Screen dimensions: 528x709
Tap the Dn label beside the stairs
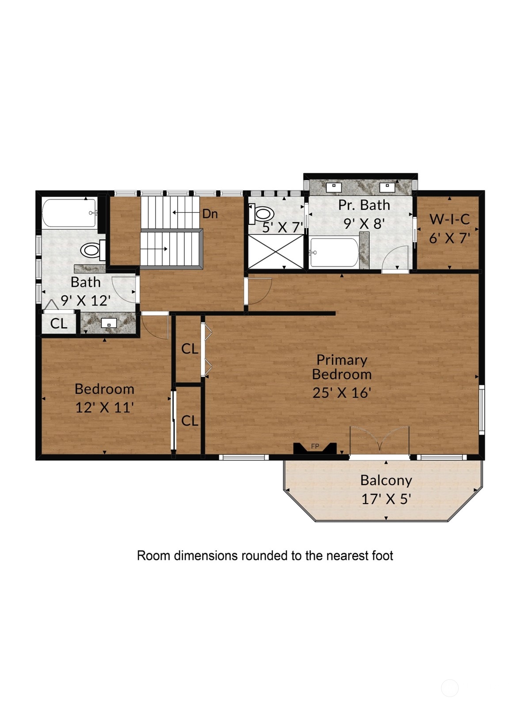click(x=210, y=214)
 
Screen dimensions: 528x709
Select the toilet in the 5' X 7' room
click(x=261, y=214)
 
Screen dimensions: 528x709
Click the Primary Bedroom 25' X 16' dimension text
click(x=342, y=393)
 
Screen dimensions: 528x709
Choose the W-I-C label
click(x=449, y=219)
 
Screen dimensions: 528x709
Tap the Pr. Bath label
click(x=364, y=205)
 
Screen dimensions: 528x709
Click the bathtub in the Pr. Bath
click(x=334, y=252)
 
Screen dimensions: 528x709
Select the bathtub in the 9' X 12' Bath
click(x=69, y=213)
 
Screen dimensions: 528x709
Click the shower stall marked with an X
click(x=276, y=251)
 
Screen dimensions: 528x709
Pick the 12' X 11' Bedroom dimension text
click(x=104, y=408)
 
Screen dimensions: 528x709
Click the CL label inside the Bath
click(x=59, y=324)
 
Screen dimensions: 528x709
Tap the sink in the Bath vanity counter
click(x=109, y=323)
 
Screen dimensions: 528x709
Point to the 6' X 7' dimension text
click(x=449, y=238)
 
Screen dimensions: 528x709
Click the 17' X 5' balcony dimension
click(x=386, y=499)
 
